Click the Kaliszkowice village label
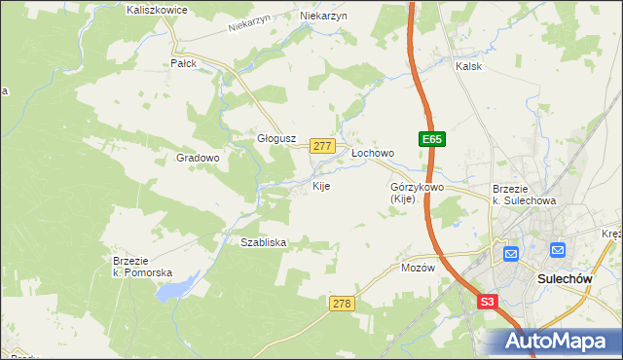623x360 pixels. pos(157,9)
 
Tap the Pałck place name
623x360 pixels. pos(183,62)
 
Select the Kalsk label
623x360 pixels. pos(469,66)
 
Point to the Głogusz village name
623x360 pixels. pos(275,138)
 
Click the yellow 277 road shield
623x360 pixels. pos(323,145)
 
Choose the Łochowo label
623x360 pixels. pos(372,153)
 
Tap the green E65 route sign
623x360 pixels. pos(433,141)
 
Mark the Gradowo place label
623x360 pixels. pos(198,157)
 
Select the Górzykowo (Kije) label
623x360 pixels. pos(417,192)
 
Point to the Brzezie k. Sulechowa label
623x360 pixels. pos(524,195)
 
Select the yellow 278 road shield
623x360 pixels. pos(341,304)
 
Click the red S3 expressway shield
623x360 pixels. pos(488,303)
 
